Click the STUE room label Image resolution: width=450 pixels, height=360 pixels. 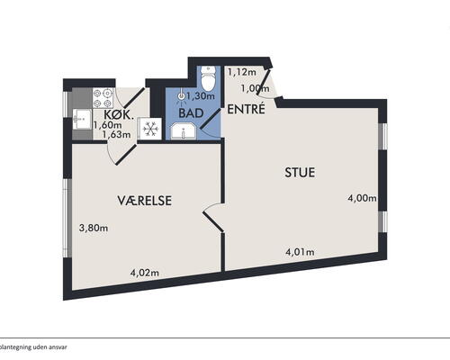click(x=300, y=173)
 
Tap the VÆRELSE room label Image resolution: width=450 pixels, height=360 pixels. click(x=145, y=201)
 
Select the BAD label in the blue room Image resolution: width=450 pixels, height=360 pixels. click(x=191, y=113)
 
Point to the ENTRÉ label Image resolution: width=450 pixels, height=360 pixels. click(x=246, y=109)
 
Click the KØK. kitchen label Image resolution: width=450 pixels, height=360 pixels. click(x=119, y=115)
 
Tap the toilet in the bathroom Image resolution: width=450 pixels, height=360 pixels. click(x=208, y=78)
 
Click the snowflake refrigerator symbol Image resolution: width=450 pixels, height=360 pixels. click(x=150, y=130)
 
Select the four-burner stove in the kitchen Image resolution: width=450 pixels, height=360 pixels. click(x=103, y=98)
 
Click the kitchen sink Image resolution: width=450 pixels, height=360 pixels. click(x=82, y=119)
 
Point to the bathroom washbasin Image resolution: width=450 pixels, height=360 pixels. click(x=184, y=132)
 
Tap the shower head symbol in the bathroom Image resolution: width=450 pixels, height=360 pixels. click(x=181, y=96)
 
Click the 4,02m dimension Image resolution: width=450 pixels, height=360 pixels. click(x=144, y=273)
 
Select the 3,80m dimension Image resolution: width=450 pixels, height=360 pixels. click(x=94, y=229)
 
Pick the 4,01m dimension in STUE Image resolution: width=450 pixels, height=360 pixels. click(x=300, y=252)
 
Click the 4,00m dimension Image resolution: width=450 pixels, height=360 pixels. click(x=362, y=198)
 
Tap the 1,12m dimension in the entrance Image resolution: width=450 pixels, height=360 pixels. click(x=242, y=72)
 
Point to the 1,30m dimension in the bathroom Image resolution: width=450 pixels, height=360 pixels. click(x=201, y=96)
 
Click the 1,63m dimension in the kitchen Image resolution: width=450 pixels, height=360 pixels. click(x=116, y=134)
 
